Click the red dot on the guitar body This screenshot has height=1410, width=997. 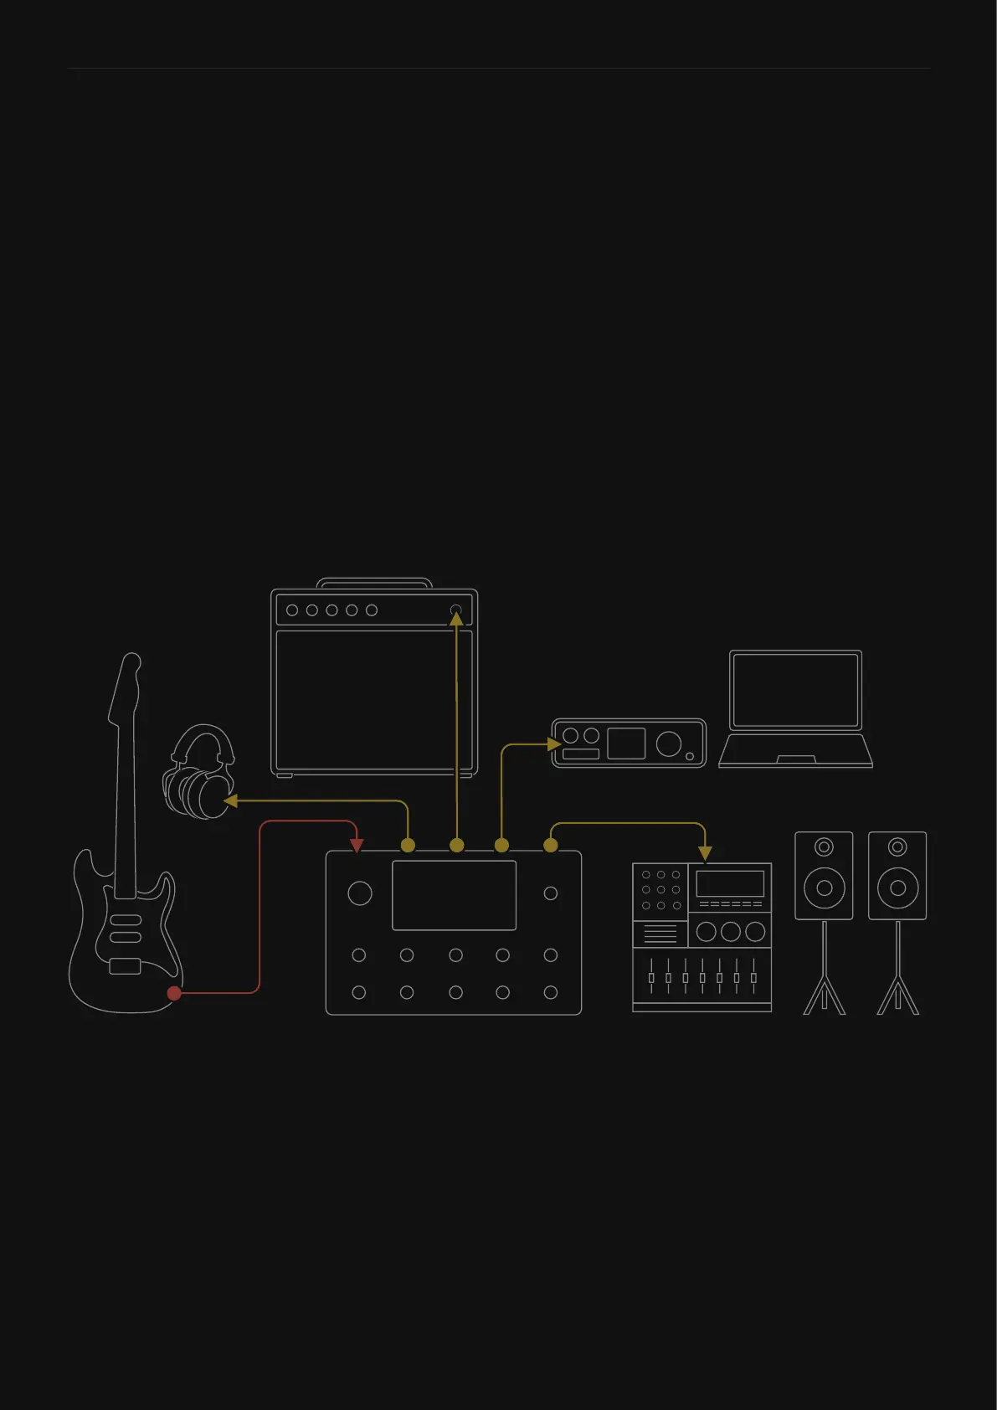(x=174, y=993)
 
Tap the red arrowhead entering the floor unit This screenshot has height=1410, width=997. (x=357, y=847)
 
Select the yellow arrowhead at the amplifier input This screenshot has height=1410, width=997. (x=456, y=620)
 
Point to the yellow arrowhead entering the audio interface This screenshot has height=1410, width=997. (x=553, y=744)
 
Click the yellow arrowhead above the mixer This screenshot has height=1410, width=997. (x=705, y=853)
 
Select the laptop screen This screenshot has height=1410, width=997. (x=795, y=691)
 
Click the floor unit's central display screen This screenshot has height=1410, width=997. (x=454, y=895)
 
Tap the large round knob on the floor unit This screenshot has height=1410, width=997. (x=360, y=893)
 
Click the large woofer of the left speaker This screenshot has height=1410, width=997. (x=824, y=888)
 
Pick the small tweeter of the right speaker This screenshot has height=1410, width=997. (x=897, y=847)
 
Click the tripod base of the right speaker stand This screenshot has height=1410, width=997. (x=897, y=996)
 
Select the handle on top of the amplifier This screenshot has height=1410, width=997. (x=374, y=582)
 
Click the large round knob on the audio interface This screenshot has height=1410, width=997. (x=669, y=743)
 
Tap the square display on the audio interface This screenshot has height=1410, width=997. (x=626, y=744)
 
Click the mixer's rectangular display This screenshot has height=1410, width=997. (x=730, y=883)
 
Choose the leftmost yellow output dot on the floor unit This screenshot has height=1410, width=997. (x=408, y=846)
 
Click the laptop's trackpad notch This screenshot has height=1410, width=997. (x=796, y=759)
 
